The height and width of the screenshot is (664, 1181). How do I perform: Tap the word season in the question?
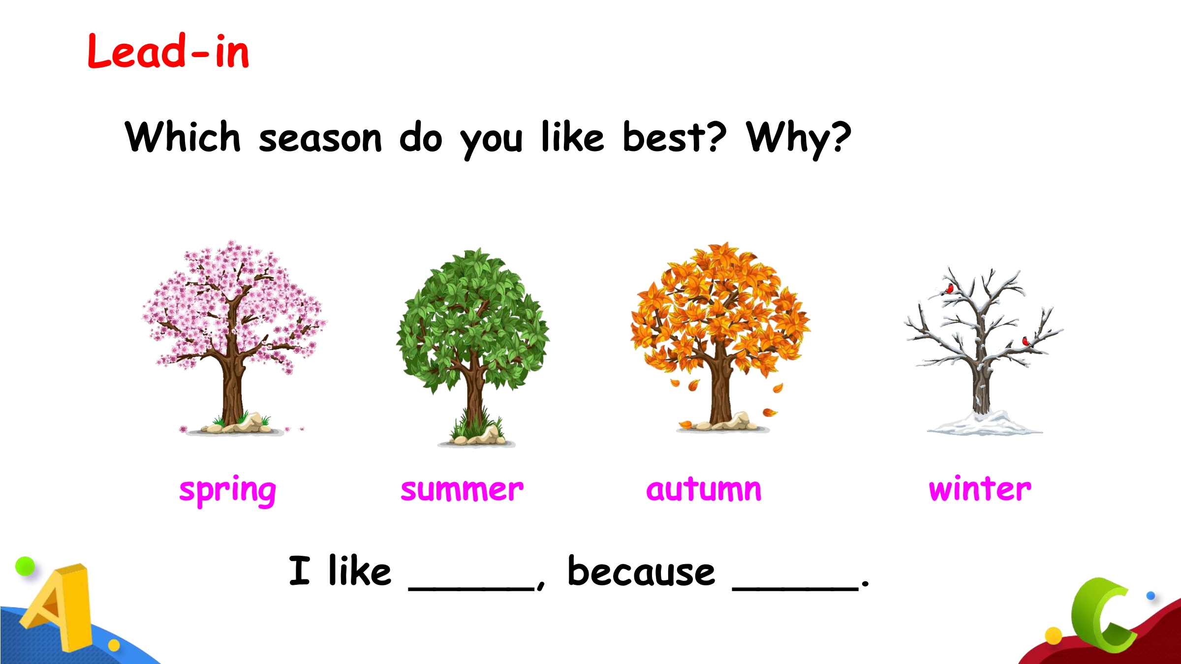click(320, 138)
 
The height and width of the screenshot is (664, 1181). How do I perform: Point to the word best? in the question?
click(674, 136)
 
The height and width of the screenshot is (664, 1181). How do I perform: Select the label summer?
click(462, 490)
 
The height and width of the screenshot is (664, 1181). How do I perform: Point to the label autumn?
click(704, 489)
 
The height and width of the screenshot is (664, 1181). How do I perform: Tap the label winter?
click(980, 489)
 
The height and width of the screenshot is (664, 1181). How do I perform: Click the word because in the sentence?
click(641, 571)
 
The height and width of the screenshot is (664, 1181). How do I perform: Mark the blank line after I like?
click(471, 588)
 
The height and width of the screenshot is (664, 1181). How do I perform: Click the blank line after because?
click(795, 588)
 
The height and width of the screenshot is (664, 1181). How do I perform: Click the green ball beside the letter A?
click(25, 566)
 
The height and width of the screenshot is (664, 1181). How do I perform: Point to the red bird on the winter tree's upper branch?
click(949, 289)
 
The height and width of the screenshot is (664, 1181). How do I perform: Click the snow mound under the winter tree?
click(985, 424)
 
